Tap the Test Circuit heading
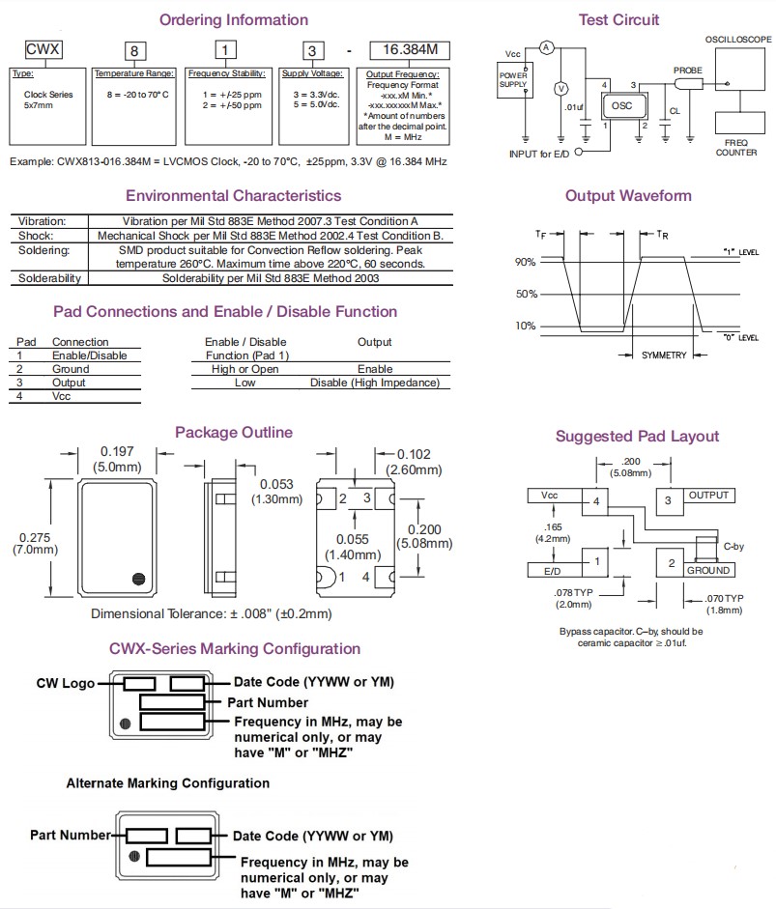coord(618,19)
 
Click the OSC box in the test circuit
coord(621,106)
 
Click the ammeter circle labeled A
coord(545,46)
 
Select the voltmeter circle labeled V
coord(559,89)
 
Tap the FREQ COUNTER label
coord(736,148)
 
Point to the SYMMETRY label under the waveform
coord(664,355)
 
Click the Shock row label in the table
coord(36,236)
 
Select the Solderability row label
coord(49,278)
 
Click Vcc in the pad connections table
coord(61,396)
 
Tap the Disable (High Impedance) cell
coord(374,383)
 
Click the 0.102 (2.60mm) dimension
coord(413,455)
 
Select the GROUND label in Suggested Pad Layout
coord(708,571)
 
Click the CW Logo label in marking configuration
coord(66,683)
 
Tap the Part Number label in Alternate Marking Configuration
coord(71,835)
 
